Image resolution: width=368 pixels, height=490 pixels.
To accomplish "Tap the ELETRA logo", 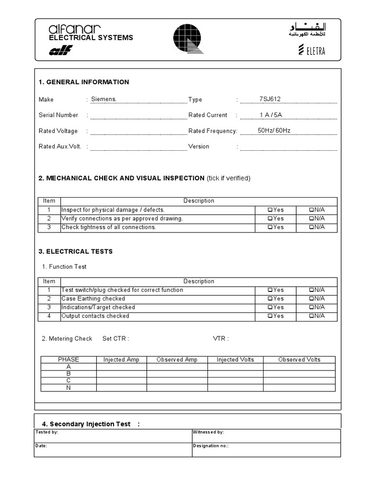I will coord(311,50).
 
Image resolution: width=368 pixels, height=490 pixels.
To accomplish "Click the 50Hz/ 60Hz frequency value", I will coord(274,131).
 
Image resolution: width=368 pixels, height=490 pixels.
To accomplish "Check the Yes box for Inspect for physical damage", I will coord(270,210).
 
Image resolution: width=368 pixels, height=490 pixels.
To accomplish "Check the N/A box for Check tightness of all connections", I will coord(311,227).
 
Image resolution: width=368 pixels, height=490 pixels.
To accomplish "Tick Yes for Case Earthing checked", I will coord(270,299).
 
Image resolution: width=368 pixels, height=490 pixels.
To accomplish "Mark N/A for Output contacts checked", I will coord(311,316).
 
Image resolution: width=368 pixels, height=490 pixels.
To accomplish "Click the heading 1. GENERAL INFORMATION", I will coord(84,82).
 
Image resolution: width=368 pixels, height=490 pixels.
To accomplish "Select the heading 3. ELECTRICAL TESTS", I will coord(76,252).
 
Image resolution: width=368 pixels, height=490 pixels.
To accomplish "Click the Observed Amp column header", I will coord(177,360).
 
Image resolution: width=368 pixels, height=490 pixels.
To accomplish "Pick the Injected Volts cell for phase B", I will coord(235,374).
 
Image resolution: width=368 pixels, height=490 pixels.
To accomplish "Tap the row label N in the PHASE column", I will coord(69,388).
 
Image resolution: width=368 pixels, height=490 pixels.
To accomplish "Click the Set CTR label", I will coord(115,339).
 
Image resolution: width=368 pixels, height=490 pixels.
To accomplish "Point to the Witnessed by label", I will coord(208,432).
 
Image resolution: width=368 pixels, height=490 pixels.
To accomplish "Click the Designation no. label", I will coord(210,445).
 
